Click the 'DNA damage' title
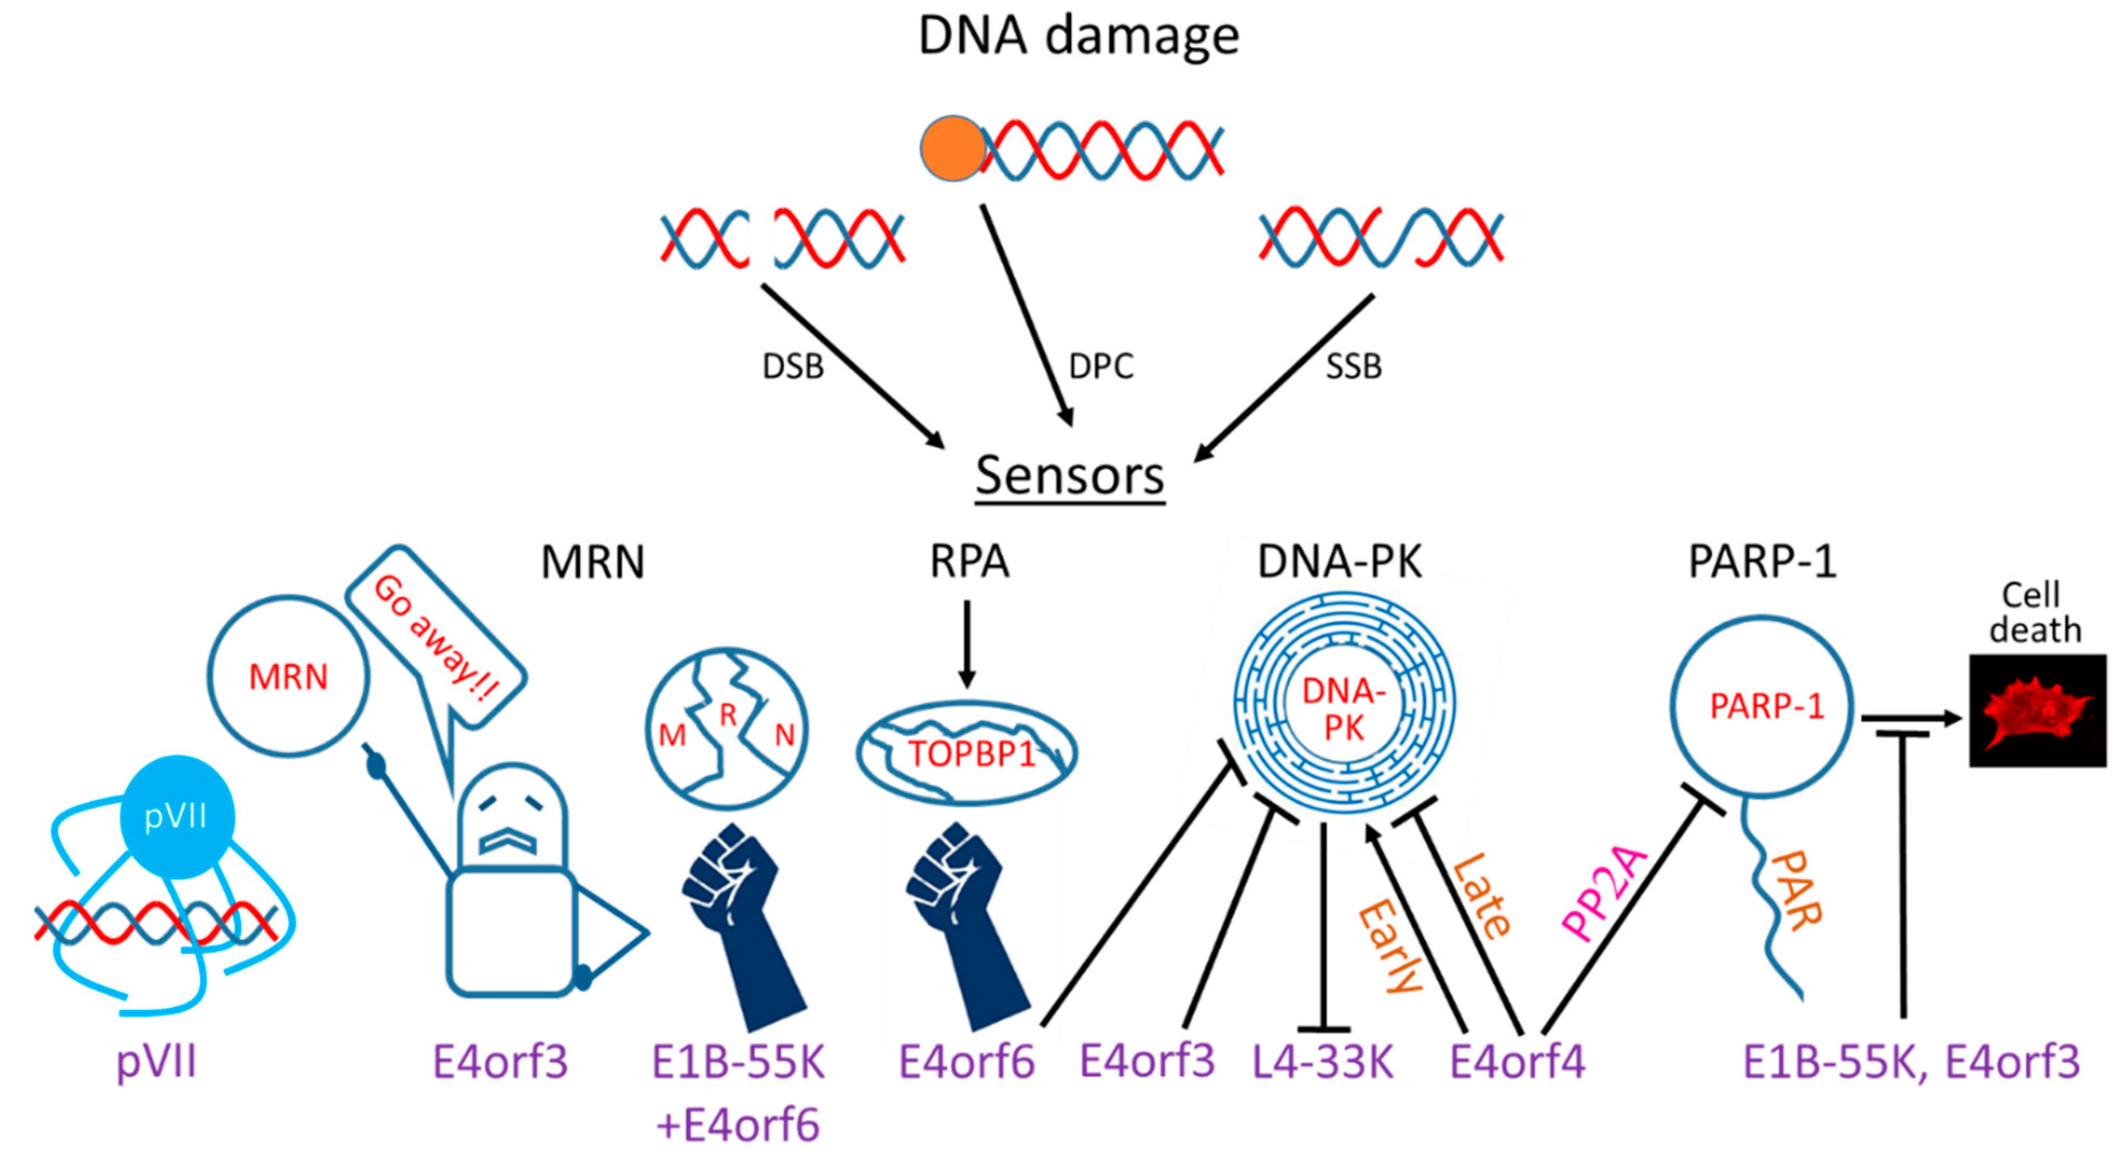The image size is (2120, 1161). [1078, 36]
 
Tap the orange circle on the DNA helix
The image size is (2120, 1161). [952, 148]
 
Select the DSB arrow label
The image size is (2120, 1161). [793, 366]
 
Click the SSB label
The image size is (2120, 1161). [1354, 366]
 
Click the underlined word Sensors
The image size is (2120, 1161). [1070, 476]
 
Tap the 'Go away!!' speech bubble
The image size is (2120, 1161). [436, 638]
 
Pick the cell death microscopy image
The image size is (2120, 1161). [2037, 710]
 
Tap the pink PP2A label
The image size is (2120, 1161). [1605, 894]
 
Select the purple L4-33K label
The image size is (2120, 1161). [1323, 1062]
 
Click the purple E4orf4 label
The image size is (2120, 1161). [1517, 1062]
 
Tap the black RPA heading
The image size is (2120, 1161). [968, 562]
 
